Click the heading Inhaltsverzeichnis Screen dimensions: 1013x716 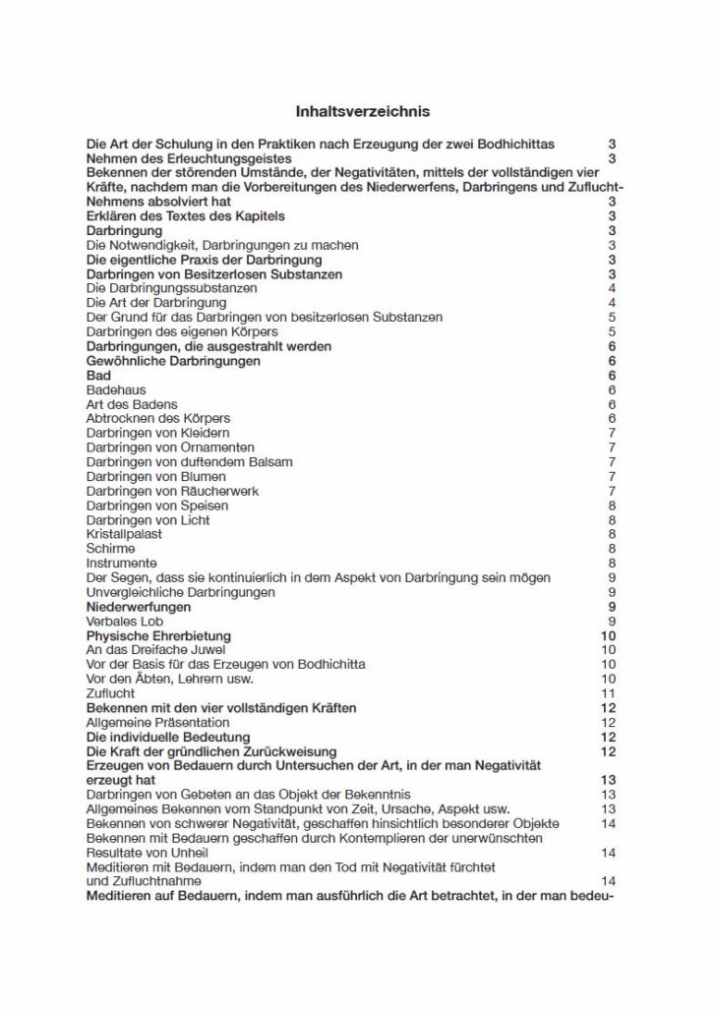click(363, 112)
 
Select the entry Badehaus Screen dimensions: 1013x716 click(117, 389)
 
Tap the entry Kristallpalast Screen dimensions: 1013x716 click(125, 534)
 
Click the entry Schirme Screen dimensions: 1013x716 click(111, 548)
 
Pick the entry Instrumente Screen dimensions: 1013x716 click(122, 563)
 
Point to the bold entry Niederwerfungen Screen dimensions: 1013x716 click(139, 607)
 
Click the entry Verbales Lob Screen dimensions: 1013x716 click(123, 621)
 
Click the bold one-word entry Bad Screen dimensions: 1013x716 click(98, 376)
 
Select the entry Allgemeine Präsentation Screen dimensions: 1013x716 click(158, 722)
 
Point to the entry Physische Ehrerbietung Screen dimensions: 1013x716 click(158, 635)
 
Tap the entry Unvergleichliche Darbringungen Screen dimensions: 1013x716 click(181, 592)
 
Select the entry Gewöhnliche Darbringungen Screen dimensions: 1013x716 click(173, 361)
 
